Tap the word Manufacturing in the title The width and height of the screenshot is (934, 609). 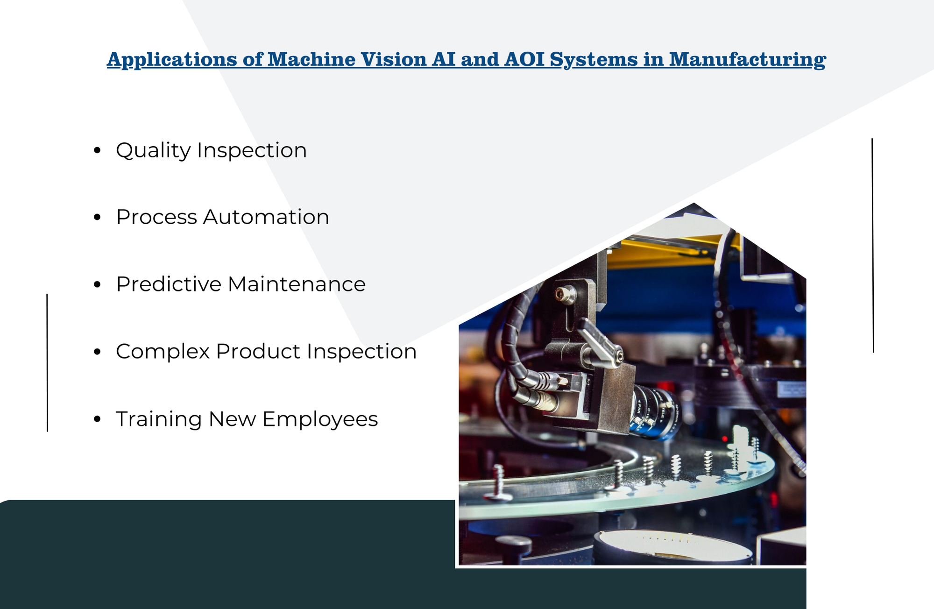click(x=747, y=59)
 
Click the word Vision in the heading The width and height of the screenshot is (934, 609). click(x=394, y=59)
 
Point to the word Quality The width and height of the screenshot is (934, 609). click(x=154, y=151)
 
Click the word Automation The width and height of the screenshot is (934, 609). click(x=266, y=217)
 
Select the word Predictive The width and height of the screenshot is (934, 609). click(x=169, y=284)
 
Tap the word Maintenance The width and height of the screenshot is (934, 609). click(x=297, y=284)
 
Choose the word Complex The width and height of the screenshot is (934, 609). click(x=163, y=352)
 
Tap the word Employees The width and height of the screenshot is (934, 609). click(x=320, y=419)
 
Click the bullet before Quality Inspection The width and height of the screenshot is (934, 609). click(x=97, y=150)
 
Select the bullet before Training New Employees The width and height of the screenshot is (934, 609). click(x=97, y=419)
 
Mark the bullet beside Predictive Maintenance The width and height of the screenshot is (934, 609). click(x=97, y=284)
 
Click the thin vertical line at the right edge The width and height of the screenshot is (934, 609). click(x=872, y=245)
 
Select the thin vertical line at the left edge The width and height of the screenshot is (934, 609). click(x=47, y=362)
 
